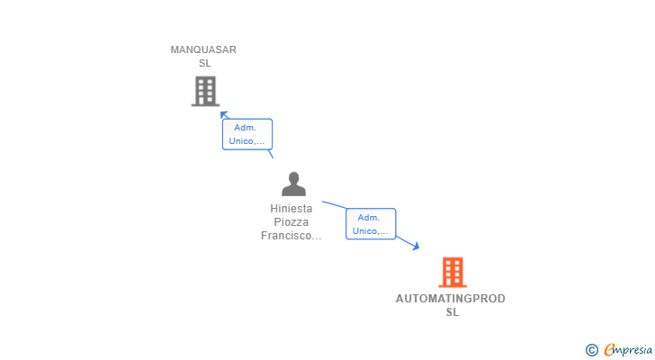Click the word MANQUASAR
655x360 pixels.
(203, 49)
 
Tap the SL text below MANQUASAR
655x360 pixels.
(204, 63)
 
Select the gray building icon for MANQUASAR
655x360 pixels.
(205, 91)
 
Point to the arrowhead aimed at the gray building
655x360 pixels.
(224, 114)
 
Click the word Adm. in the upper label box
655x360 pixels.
(247, 128)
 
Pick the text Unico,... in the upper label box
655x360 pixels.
(247, 141)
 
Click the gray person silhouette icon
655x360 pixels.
(293, 184)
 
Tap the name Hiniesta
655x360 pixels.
(292, 209)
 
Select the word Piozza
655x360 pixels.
(292, 222)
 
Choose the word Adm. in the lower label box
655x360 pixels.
(370, 217)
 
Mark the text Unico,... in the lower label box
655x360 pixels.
(370, 230)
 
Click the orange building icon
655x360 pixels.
(452, 272)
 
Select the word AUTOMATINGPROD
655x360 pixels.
(451, 299)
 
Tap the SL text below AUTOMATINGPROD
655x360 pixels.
(452, 312)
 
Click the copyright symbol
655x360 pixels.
(591, 350)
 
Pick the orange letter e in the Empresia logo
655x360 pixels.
(609, 350)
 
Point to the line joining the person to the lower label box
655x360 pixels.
(334, 205)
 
